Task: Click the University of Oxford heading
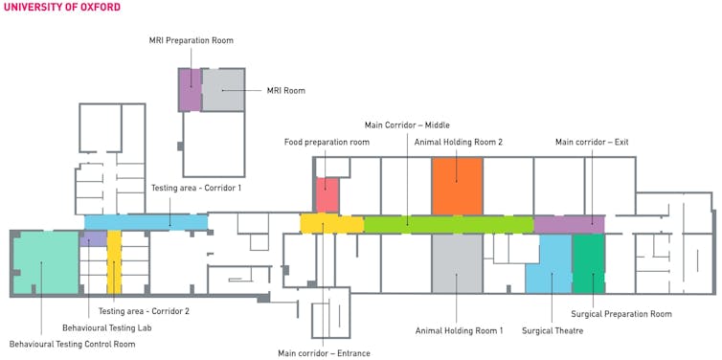[x=62, y=7]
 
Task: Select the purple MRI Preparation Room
[x=190, y=90]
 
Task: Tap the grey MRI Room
[x=223, y=90]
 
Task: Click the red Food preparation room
[x=327, y=194]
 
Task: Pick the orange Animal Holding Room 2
[x=457, y=187]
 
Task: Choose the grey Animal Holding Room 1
[x=457, y=263]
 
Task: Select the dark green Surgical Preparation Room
[x=589, y=263]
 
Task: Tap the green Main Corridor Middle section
[x=449, y=224]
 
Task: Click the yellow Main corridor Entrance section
[x=331, y=224]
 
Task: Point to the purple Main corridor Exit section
[x=569, y=224]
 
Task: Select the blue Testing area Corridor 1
[x=146, y=222]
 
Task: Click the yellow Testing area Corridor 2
[x=114, y=261]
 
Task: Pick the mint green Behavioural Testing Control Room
[x=46, y=262]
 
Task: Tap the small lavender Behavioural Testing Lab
[x=93, y=238]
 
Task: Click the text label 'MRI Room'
[x=286, y=91]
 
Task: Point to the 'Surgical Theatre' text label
[x=553, y=330]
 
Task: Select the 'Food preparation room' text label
[x=327, y=143]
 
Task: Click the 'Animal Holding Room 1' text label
[x=459, y=330]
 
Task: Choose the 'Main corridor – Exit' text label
[x=592, y=143]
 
